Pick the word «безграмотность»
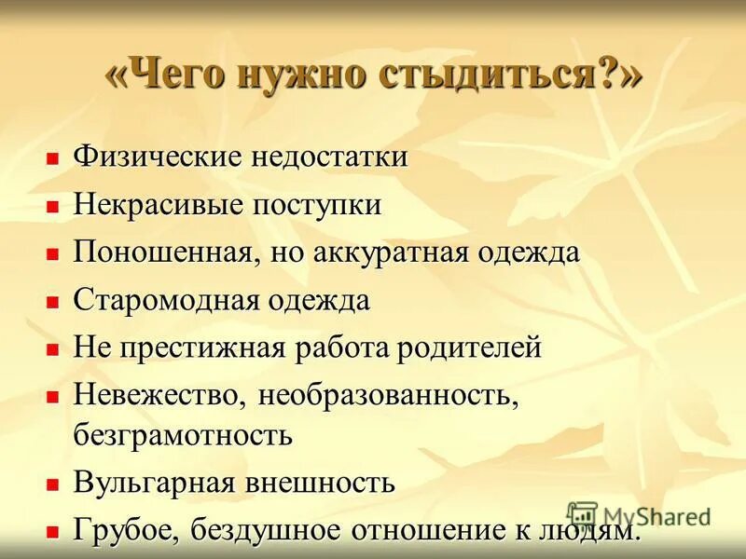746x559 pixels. [183, 433]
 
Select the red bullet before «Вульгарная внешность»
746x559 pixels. [53, 484]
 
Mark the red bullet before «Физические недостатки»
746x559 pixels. [53, 157]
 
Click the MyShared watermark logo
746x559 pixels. [582, 515]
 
